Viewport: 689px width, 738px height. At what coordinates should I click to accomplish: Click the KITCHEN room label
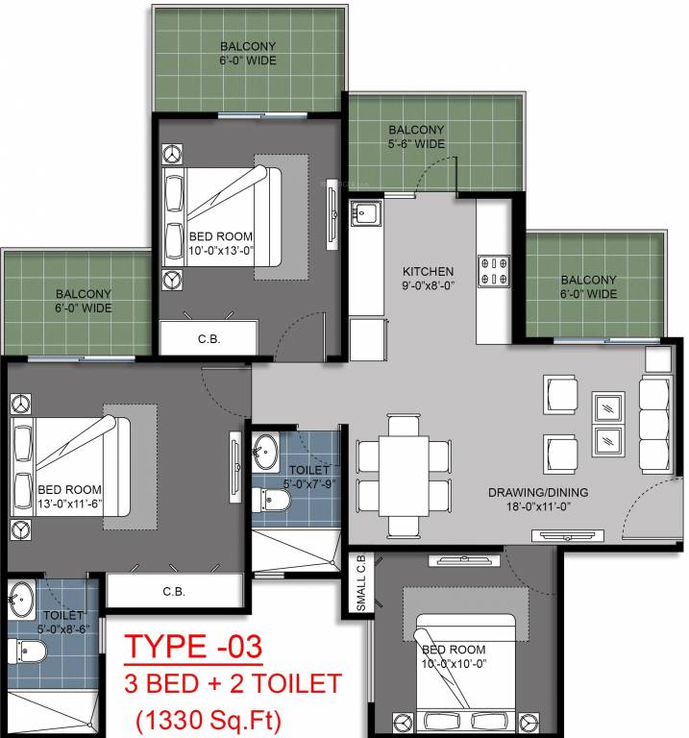(x=428, y=270)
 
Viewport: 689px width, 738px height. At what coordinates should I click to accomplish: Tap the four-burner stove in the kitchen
(x=495, y=270)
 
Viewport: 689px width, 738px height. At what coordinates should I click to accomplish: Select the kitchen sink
(x=366, y=213)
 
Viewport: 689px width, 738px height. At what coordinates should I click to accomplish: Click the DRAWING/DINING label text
(x=537, y=493)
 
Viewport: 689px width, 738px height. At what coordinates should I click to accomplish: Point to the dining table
(x=404, y=475)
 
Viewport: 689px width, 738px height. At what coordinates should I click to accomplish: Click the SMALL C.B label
(x=359, y=584)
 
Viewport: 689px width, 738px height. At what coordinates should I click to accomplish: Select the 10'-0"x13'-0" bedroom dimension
(x=220, y=252)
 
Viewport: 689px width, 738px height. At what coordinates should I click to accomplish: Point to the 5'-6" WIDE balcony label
(x=416, y=144)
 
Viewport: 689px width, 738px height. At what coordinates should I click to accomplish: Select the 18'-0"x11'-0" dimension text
(x=537, y=507)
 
